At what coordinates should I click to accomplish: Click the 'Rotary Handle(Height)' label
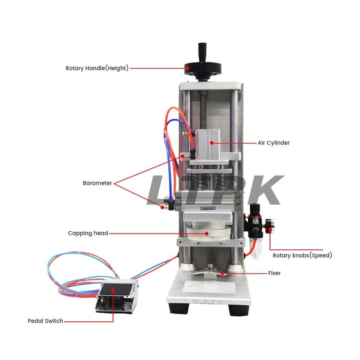click(97, 68)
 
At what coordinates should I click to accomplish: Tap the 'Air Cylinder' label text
click(274, 143)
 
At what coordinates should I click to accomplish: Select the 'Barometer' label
click(97, 183)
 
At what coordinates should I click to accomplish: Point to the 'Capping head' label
click(88, 233)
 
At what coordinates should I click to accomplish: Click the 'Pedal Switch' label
click(45, 321)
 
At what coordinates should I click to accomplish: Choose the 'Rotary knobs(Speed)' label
click(302, 255)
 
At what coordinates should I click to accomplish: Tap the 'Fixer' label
click(274, 273)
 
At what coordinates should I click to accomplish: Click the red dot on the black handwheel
click(188, 68)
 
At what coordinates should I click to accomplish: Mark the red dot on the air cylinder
click(211, 143)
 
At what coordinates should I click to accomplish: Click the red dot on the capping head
click(207, 234)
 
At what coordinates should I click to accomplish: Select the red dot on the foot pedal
click(112, 290)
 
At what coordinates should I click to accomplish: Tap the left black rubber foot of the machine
click(179, 308)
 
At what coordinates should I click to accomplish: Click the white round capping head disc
click(208, 233)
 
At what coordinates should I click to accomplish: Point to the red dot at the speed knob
click(270, 229)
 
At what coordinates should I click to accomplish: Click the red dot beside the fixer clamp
click(222, 273)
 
